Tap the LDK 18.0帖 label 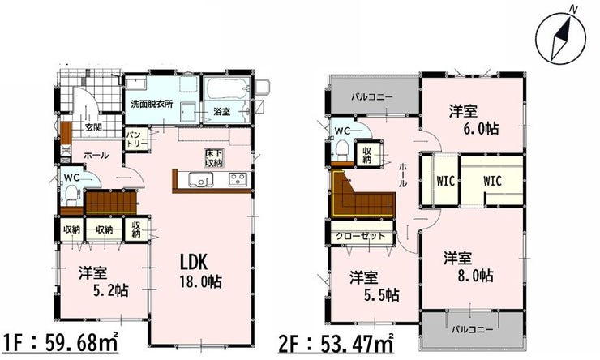coord(200,272)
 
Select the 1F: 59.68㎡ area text coord(60,342)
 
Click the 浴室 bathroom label coord(222,112)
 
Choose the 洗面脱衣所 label coord(152,104)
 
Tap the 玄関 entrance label coord(93,127)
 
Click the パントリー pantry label coord(137,139)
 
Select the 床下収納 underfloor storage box coord(213,157)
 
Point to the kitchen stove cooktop coord(238,180)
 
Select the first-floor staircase coord(111,203)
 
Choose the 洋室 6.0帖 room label coord(474,120)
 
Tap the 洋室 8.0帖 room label coord(469,267)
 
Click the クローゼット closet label coord(361,236)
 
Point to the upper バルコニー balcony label coord(372,97)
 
